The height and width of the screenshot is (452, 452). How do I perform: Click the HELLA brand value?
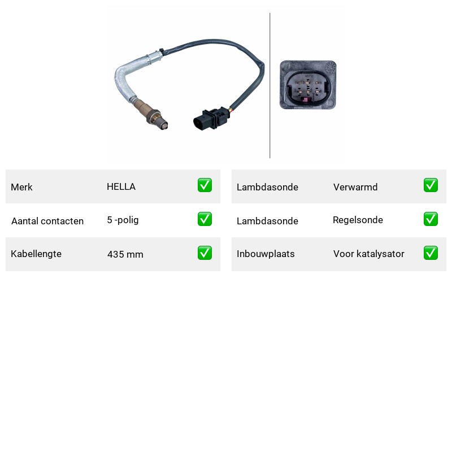[121, 186]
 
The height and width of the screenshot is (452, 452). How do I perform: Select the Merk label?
[21, 187]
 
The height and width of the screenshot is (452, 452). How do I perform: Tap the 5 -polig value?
[123, 220]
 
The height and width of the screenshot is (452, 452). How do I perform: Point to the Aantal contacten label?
[47, 221]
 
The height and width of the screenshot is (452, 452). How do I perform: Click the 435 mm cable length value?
[125, 254]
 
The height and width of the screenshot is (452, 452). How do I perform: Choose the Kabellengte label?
[36, 254]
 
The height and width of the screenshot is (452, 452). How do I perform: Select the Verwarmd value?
[355, 187]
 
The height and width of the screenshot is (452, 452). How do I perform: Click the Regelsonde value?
[358, 220]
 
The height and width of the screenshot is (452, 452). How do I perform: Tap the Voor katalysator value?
[369, 254]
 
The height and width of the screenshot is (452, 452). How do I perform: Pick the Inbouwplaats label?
[266, 254]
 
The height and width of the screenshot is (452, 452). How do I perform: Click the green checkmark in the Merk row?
[205, 185]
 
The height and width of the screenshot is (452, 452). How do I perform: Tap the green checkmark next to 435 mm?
[205, 253]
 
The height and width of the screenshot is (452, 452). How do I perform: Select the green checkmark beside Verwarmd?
[431, 185]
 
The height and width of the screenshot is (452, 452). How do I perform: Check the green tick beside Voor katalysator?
[431, 253]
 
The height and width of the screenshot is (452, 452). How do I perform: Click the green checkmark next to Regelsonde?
[431, 219]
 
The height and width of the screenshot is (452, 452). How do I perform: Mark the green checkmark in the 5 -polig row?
[205, 219]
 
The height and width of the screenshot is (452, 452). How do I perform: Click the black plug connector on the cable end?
[211, 119]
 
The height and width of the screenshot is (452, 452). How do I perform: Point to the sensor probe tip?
[163, 124]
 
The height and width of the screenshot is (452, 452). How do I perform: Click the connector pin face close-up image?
[308, 85]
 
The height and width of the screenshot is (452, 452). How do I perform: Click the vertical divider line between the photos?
[270, 85]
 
